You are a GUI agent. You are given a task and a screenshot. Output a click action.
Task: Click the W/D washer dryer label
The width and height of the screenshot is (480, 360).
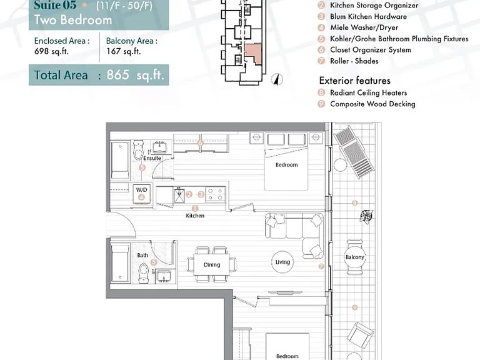click(141, 190)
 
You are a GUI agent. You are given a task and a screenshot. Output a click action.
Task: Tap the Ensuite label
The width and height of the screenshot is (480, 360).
click(152, 158)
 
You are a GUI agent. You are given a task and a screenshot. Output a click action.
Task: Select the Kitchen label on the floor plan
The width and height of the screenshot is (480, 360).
click(195, 216)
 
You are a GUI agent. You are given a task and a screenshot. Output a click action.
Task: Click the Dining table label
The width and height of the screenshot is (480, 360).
click(212, 265)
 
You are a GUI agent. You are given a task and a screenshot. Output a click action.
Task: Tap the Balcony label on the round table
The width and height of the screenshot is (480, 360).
click(355, 257)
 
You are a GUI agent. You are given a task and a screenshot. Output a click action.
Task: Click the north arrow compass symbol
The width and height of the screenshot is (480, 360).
click(277, 79)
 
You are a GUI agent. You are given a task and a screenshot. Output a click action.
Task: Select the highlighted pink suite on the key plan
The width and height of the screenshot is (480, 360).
click(254, 54)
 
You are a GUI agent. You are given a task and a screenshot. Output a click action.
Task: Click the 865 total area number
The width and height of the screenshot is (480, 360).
click(118, 75)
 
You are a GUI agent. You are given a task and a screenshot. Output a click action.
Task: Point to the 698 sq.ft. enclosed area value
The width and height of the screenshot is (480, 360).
click(51, 51)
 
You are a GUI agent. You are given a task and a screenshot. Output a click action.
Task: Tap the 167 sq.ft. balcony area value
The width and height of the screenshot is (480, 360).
click(123, 51)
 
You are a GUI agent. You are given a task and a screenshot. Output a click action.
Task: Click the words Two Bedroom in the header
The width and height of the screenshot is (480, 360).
click(73, 20)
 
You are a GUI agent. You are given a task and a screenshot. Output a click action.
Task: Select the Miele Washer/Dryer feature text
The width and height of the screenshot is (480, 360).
click(364, 27)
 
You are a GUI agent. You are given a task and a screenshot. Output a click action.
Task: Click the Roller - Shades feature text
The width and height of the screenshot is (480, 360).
click(354, 61)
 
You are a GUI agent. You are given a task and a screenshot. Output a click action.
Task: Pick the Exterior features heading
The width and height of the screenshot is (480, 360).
click(355, 81)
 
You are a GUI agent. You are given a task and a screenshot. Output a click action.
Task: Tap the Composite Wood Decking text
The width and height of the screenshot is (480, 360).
click(372, 104)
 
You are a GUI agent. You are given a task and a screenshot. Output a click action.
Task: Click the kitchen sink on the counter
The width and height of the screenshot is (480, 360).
click(179, 196)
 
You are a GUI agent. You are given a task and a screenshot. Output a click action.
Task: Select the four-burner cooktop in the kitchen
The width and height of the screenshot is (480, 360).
click(216, 194)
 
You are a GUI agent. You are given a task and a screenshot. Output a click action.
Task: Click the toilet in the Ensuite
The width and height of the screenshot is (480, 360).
click(138, 150)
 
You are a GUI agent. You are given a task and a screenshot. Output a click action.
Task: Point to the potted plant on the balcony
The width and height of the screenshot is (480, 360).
click(366, 216)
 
